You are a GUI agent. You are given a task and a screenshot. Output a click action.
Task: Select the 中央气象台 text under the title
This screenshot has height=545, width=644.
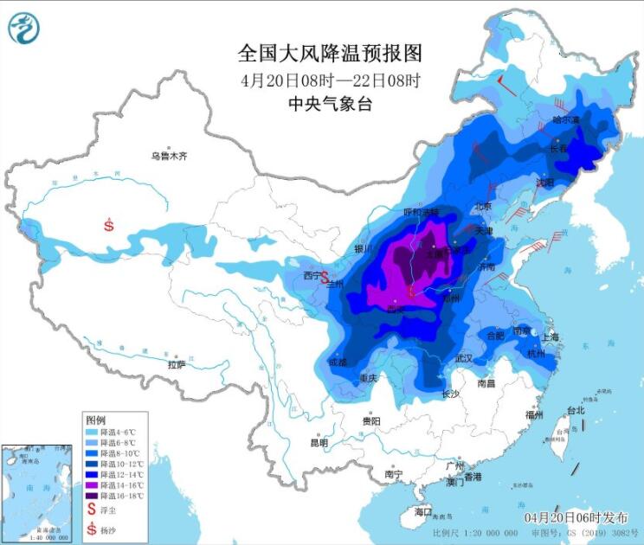(x=330, y=104)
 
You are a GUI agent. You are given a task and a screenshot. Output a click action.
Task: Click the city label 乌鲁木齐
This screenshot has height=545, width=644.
(x=169, y=157)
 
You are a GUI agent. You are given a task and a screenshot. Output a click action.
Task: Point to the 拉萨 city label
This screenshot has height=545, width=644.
(x=177, y=365)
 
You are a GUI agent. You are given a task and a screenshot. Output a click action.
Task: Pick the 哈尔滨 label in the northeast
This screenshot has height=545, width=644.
(x=568, y=120)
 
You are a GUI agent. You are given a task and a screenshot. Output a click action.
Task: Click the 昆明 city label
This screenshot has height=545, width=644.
(x=319, y=442)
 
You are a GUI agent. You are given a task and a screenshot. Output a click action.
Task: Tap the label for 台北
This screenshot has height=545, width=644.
(x=576, y=410)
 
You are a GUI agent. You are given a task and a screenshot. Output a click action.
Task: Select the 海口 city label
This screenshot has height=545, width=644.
(x=422, y=512)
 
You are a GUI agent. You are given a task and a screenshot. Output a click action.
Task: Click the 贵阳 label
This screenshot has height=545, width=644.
(x=371, y=420)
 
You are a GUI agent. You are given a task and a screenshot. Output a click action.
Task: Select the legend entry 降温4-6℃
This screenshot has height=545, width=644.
(x=116, y=430)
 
